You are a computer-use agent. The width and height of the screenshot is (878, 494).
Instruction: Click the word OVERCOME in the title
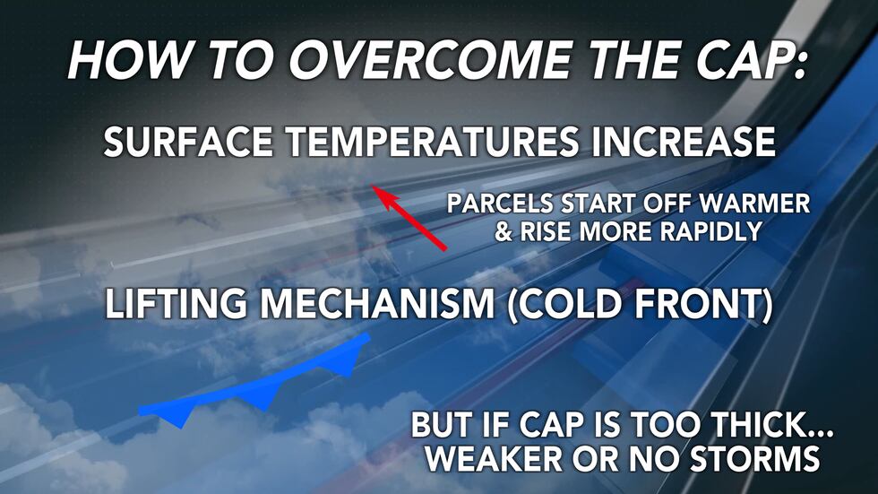[x=412, y=60]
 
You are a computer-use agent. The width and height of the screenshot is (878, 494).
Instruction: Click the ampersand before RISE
[x=504, y=232]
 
